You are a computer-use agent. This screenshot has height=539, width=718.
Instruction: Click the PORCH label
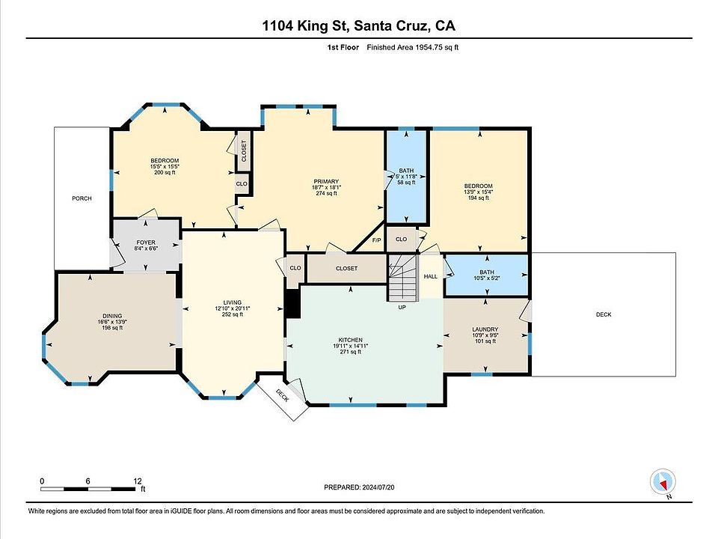click(82, 198)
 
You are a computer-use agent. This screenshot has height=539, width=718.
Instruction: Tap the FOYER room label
click(146, 243)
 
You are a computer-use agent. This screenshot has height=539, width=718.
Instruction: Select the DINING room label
click(112, 316)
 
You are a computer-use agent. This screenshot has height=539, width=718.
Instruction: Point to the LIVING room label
click(232, 302)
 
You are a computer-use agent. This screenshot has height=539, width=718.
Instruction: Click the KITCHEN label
click(351, 340)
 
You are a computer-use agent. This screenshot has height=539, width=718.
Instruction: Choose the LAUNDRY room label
click(485, 329)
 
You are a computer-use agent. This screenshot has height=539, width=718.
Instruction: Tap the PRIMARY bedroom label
click(326, 181)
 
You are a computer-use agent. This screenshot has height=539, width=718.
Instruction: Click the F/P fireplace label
click(376, 240)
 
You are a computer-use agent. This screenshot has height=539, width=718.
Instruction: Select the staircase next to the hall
click(403, 278)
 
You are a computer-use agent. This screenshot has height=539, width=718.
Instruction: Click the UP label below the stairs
click(402, 307)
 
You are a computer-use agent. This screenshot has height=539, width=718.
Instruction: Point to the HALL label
click(431, 276)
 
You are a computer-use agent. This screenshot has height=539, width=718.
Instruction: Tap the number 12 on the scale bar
click(138, 481)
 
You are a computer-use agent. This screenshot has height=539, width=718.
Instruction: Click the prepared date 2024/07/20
click(378, 487)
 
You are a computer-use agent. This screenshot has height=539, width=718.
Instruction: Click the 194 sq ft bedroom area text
click(478, 198)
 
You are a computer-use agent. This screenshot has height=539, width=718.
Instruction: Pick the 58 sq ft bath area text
click(406, 183)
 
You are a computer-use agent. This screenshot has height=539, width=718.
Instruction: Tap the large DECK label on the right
click(604, 314)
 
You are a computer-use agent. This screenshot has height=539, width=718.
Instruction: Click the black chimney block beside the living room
click(293, 303)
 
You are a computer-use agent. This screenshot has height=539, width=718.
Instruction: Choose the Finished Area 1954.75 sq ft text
click(413, 47)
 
